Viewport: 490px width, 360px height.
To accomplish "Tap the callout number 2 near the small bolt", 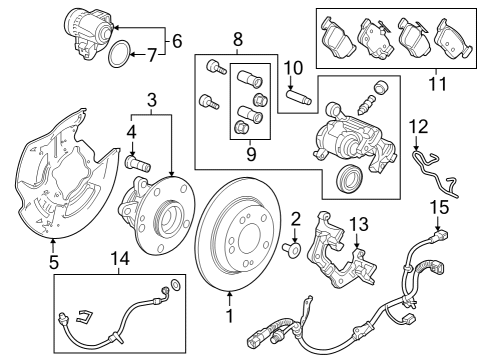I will tap(296, 218).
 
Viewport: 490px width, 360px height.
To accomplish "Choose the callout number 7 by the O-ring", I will tap(152, 54).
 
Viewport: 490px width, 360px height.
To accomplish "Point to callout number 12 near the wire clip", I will tap(420, 127).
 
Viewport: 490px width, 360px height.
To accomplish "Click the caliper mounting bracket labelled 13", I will tap(335, 255).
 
